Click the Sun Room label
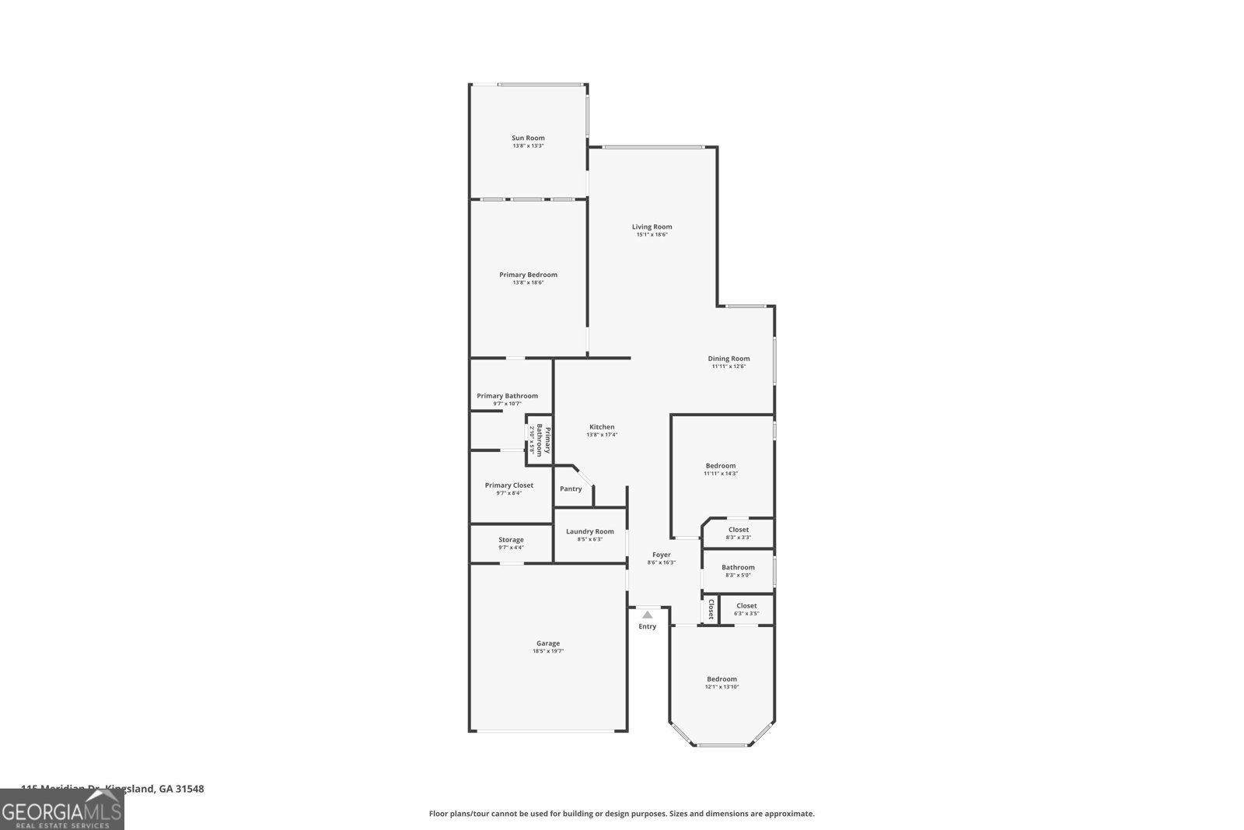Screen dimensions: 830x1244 tap(528, 138)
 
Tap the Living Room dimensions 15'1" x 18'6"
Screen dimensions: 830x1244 tap(652, 235)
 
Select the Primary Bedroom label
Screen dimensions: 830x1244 tap(528, 275)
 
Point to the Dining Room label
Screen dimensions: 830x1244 tap(729, 359)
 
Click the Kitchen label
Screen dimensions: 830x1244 tap(602, 427)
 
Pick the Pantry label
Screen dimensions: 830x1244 tap(571, 489)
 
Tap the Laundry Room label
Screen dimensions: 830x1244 tap(589, 531)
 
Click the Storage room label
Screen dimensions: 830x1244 tap(511, 540)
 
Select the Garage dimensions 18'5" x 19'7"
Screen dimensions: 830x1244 tap(547, 651)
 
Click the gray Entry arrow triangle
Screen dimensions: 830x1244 tap(648, 615)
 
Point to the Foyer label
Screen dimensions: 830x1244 tap(662, 555)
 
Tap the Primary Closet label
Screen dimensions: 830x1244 tap(509, 485)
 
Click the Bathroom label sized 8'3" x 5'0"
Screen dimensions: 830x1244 tap(738, 567)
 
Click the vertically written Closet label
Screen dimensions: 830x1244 tap(711, 609)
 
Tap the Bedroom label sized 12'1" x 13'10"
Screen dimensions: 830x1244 tap(722, 679)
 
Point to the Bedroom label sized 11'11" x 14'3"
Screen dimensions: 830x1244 tap(721, 466)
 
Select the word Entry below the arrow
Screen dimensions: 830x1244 tap(648, 626)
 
